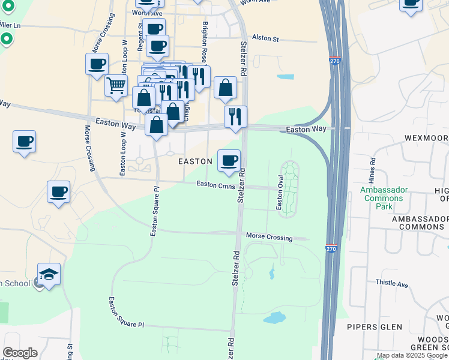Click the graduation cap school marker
pyautogui.click(x=49, y=275)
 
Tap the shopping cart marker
pyautogui.click(x=116, y=85)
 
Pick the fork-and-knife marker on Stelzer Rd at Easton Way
pyautogui.click(x=235, y=116)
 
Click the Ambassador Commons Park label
pyautogui.click(x=384, y=198)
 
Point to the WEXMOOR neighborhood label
pyautogui.click(x=426, y=137)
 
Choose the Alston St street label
pyautogui.click(x=266, y=38)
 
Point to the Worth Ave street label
pyautogui.click(x=147, y=13)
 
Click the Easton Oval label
pyautogui.click(x=280, y=192)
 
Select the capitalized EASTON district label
pyautogui.click(x=195, y=161)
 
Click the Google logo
pyautogui.click(x=20, y=353)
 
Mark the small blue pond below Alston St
pyautogui.click(x=285, y=77)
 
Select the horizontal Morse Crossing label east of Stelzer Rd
pyautogui.click(x=269, y=237)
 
